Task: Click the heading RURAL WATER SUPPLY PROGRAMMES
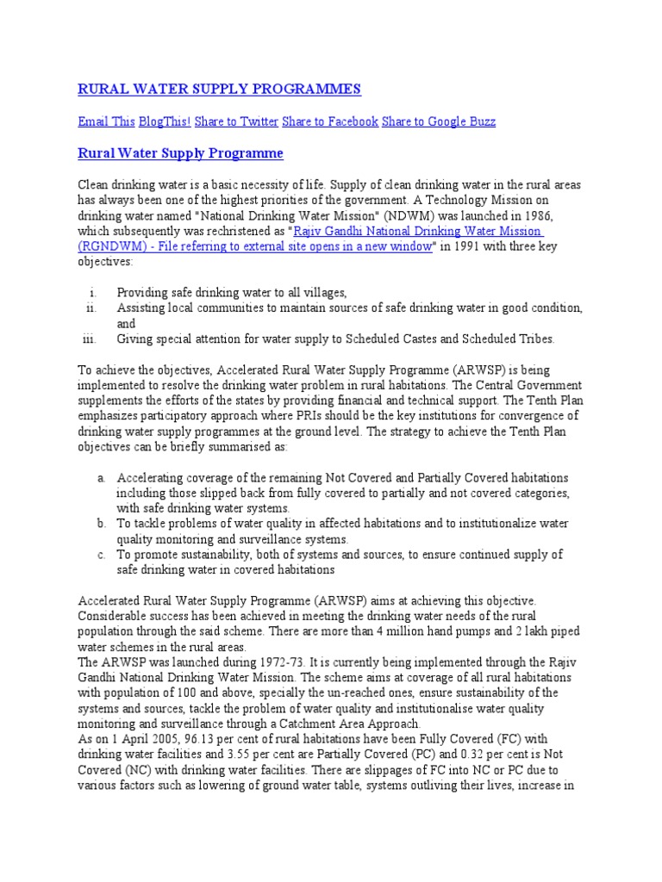point(219,90)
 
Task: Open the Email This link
point(106,122)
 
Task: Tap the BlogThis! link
point(165,122)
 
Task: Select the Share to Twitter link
point(236,122)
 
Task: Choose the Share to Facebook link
point(330,122)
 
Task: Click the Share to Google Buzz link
point(438,122)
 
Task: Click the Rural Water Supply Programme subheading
point(180,154)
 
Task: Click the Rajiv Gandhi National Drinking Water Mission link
point(418,232)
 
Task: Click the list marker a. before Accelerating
point(102,477)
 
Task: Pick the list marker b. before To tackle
point(102,524)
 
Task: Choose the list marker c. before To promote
point(102,555)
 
